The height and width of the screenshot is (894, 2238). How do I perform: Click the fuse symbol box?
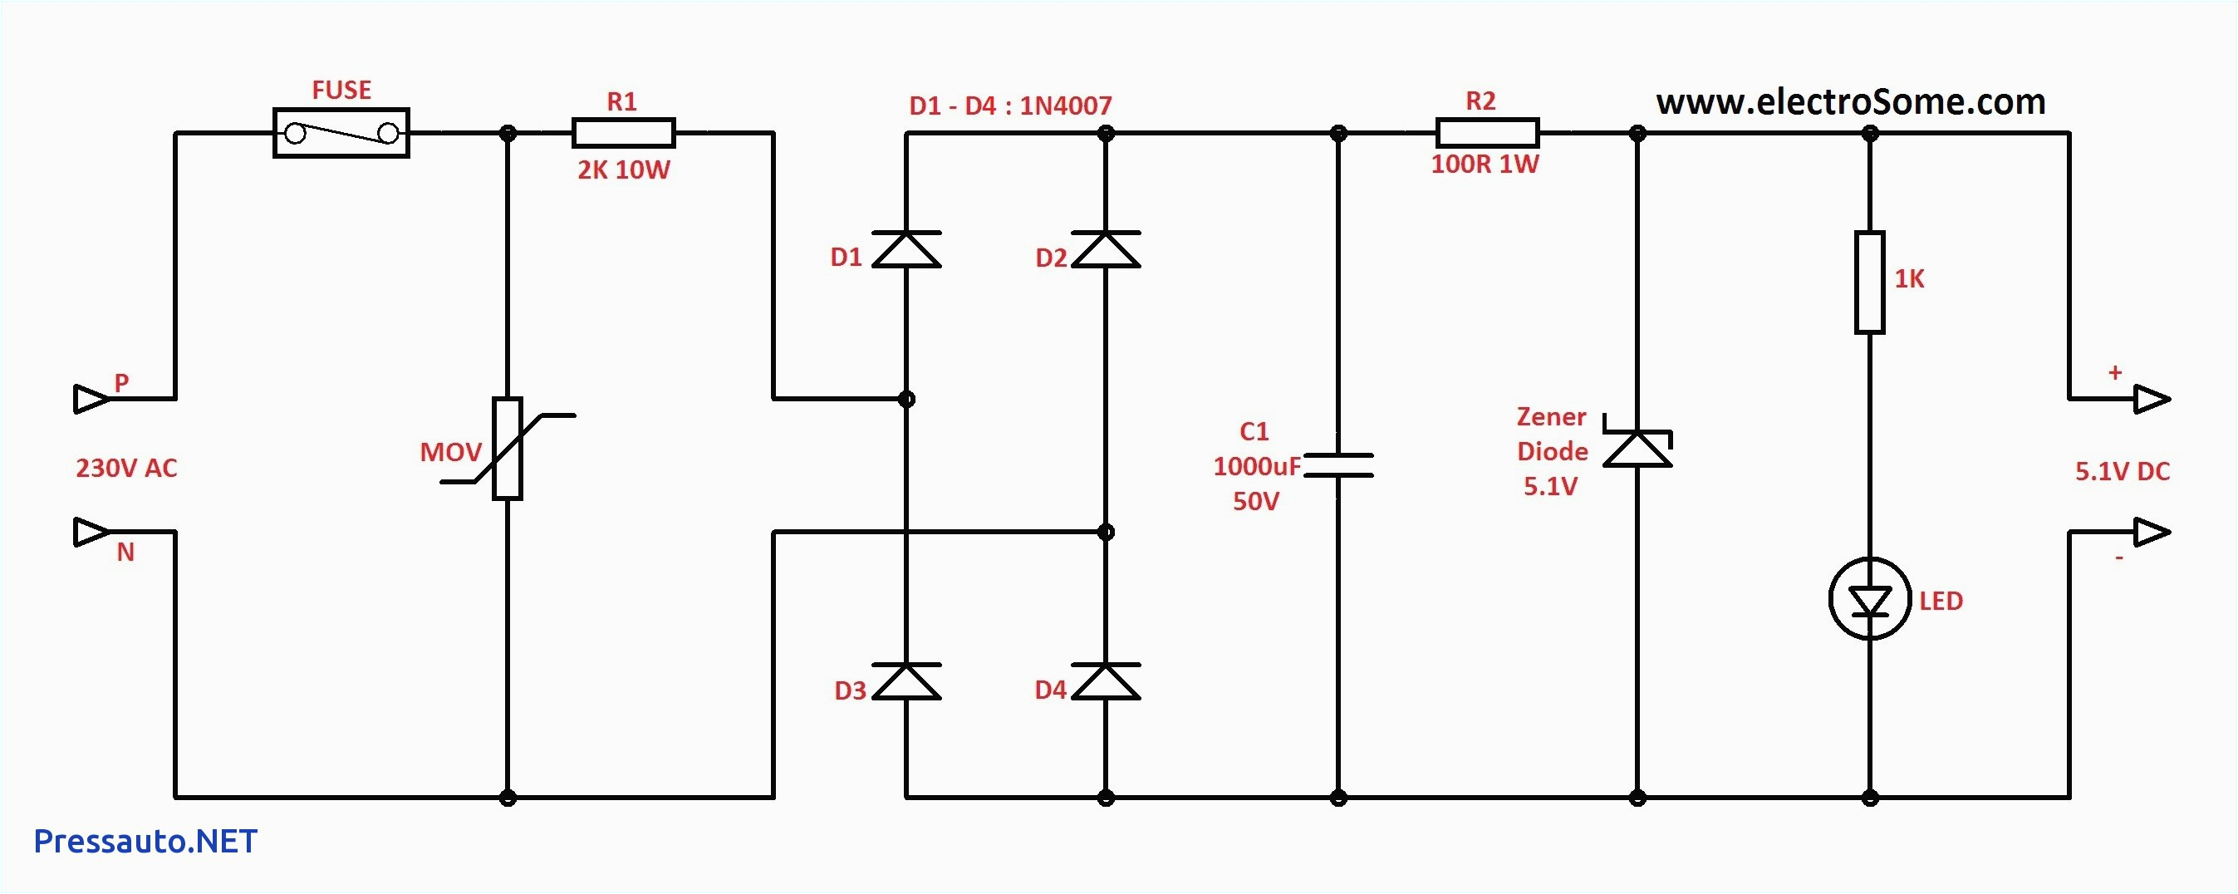341,133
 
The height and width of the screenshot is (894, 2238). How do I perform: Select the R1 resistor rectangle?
623,133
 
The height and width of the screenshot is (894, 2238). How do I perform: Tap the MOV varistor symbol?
508,449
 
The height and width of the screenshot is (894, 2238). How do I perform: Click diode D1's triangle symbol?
906,250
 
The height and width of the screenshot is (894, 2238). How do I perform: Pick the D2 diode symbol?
1105,250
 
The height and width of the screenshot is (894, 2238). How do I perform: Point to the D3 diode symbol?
906,682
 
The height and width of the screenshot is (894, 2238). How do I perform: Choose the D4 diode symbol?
1105,682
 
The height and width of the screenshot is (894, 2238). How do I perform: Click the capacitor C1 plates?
1338,464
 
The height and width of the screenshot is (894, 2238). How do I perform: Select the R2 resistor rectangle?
1487,133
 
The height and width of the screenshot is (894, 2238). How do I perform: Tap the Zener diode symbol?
1637,448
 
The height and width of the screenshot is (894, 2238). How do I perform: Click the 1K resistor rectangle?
1870,282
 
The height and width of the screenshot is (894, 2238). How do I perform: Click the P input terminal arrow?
91,399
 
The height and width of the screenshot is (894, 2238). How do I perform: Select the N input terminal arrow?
91,532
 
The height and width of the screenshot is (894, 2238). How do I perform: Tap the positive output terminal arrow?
2151,399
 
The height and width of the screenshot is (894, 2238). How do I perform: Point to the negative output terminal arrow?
2151,532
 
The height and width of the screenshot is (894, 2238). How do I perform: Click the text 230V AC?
127,469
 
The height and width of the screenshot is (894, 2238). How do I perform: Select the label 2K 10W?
624,170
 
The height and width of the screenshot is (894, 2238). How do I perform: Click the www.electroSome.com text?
1851,102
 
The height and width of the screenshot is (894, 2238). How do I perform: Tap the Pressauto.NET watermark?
145,841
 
